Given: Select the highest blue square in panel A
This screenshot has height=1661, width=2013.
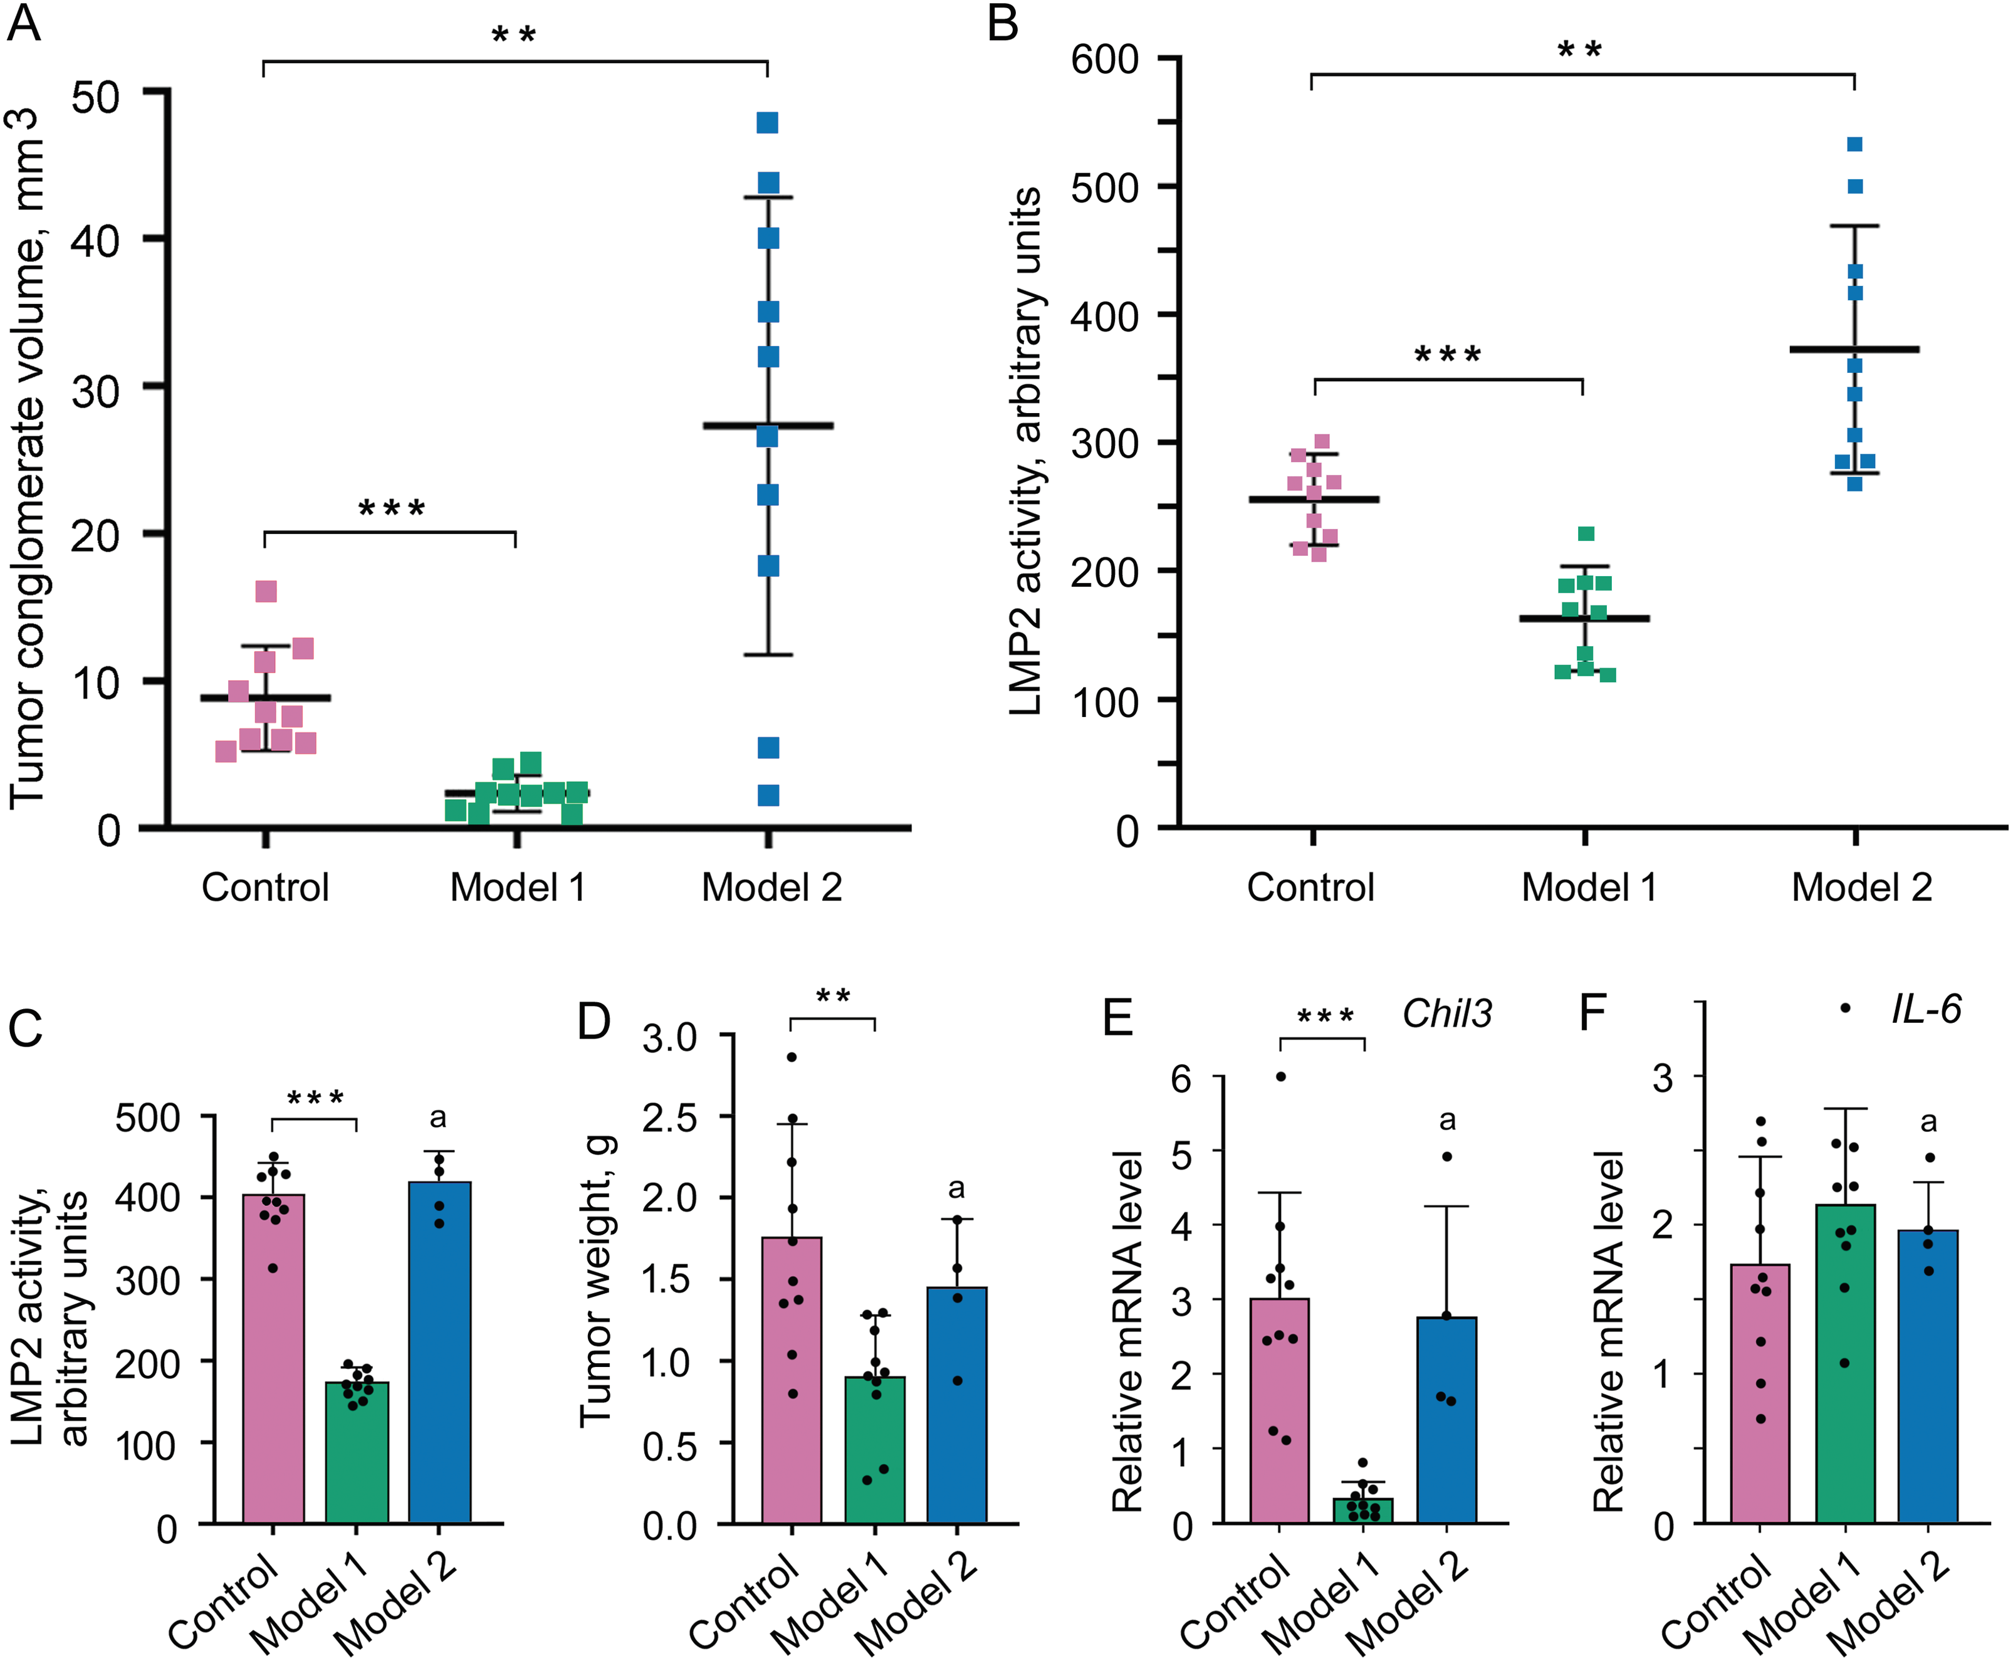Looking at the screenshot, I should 767,122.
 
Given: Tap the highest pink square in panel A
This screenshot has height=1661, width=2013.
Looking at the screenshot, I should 266,591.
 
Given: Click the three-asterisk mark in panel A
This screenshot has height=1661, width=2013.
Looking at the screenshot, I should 391,508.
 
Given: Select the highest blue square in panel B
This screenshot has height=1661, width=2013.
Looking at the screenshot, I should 1854,145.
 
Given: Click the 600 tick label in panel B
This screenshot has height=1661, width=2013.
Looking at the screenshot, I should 1104,60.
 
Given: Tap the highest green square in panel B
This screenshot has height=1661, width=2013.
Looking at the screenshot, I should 1586,534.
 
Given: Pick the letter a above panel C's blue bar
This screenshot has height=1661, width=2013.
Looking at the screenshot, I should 438,1118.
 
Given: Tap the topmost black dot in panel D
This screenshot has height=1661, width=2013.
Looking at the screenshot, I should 792,1057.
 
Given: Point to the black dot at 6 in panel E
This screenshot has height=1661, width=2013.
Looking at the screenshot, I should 1280,1076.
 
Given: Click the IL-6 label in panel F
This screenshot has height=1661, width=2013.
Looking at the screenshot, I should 1926,1009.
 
